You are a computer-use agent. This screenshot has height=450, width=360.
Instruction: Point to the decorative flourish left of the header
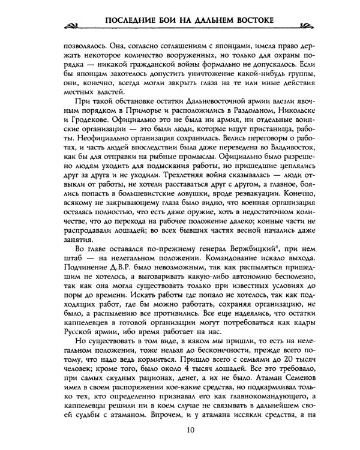click(77, 25)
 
